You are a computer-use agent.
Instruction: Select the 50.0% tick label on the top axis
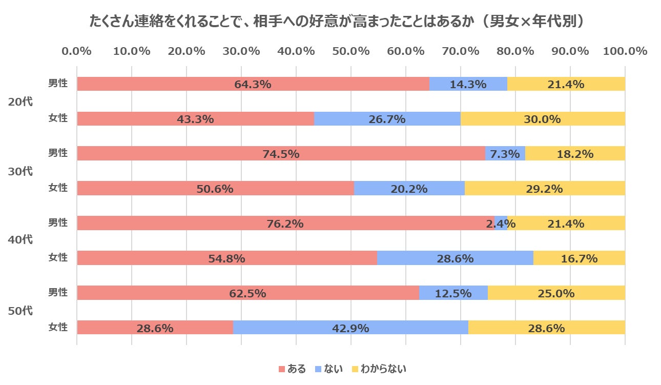[350, 51]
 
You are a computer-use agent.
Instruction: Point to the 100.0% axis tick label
[625, 51]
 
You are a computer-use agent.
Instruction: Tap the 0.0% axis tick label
[77, 51]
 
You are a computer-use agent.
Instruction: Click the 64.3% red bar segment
[253, 84]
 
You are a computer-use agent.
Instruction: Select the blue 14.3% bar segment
[468, 84]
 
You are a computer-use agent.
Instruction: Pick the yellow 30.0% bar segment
[543, 119]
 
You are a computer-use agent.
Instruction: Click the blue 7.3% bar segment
[505, 153]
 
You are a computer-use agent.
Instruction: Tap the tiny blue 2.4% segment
[501, 223]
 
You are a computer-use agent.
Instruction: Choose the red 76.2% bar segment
[285, 223]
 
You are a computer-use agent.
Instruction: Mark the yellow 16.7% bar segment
[579, 258]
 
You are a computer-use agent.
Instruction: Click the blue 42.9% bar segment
[350, 328]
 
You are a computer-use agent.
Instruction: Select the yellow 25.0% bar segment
[556, 293]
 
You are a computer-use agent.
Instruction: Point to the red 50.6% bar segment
[215, 188]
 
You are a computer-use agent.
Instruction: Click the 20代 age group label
[20, 102]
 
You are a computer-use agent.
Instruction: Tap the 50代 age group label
[20, 311]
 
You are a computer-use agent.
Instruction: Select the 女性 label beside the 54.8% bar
[58, 258]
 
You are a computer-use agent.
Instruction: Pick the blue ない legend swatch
[318, 369]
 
